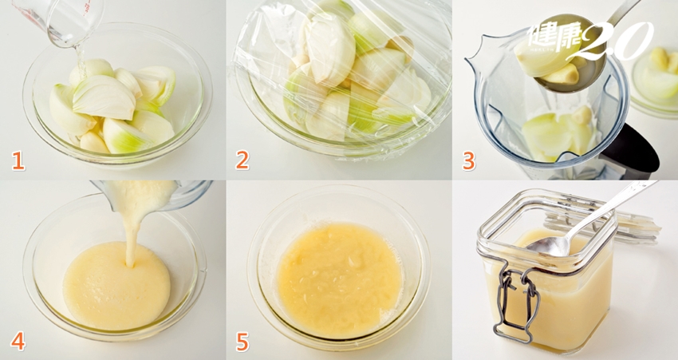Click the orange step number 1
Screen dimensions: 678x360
pyautogui.click(x=18, y=161)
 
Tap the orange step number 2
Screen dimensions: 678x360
pyautogui.click(x=242, y=160)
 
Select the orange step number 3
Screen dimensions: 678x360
pyautogui.click(x=469, y=160)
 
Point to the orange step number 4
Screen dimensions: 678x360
pyautogui.click(x=18, y=342)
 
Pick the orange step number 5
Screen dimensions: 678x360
pyautogui.click(x=242, y=342)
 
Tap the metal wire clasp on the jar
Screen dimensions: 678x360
pyautogui.click(x=517, y=303)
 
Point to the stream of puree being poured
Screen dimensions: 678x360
pyautogui.click(x=130, y=234)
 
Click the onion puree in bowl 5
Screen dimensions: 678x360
pyautogui.click(x=340, y=280)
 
